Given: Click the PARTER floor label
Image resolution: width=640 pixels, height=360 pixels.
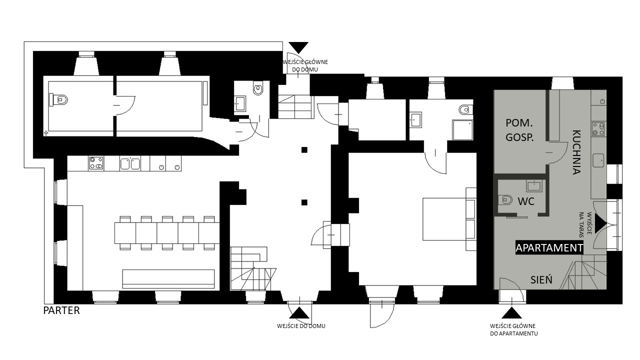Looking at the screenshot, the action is click(x=61, y=310).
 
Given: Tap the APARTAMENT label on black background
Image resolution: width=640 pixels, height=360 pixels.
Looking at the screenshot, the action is click(x=549, y=248).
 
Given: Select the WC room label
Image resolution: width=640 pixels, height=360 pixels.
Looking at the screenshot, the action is click(x=526, y=201).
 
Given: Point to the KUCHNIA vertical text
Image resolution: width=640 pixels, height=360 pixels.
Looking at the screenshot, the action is click(x=576, y=152).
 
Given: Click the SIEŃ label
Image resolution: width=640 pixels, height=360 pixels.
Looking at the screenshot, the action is click(x=541, y=279).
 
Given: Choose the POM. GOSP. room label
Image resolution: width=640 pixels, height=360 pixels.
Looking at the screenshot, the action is click(x=519, y=130).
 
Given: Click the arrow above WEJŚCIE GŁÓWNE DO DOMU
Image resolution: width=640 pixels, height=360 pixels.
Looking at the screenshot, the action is click(x=298, y=47).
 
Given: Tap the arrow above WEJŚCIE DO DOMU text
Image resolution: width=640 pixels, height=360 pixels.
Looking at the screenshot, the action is click(x=299, y=312).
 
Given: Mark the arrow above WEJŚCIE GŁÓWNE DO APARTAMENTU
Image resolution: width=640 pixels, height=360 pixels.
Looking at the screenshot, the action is click(x=511, y=312).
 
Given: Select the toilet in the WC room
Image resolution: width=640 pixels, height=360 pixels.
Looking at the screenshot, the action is click(x=505, y=200).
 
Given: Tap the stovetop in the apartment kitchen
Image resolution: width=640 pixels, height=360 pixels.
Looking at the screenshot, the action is click(x=599, y=129).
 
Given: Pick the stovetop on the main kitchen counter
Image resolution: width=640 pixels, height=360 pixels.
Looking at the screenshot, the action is click(x=96, y=163).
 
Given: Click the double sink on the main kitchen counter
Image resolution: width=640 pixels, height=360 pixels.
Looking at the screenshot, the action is click(x=130, y=163).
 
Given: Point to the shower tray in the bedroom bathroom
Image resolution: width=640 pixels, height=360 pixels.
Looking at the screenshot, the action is click(x=462, y=130).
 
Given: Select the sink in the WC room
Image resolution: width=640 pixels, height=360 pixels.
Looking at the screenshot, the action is click(x=533, y=186).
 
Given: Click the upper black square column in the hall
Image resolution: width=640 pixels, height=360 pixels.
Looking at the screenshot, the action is click(x=304, y=149).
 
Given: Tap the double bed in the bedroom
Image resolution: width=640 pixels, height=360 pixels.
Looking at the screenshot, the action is click(x=444, y=219).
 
